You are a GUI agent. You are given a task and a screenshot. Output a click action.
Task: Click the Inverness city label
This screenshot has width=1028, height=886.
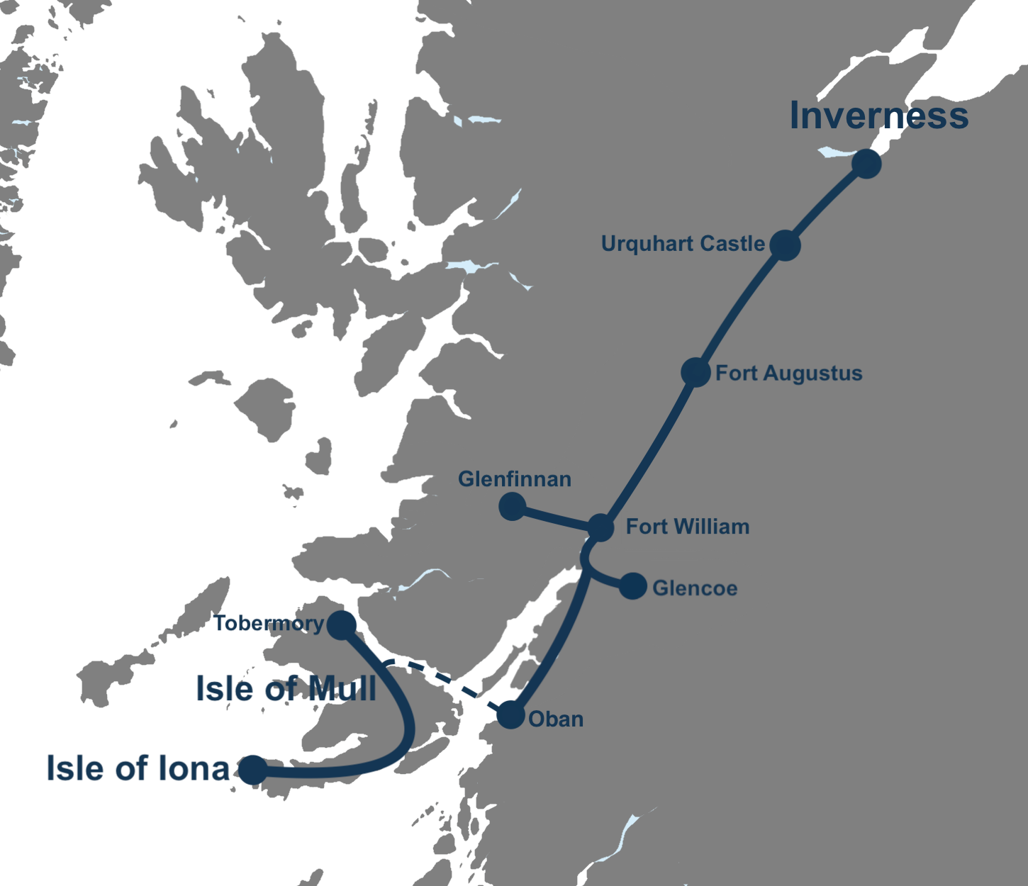878,116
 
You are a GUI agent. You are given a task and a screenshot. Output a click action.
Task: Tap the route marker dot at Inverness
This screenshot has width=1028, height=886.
866,164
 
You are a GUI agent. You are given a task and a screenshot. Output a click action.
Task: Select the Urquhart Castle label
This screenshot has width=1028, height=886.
683,244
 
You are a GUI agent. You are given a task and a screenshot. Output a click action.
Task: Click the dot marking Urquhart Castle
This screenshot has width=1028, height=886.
785,245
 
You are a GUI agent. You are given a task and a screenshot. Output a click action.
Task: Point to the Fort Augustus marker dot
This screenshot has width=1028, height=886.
695,372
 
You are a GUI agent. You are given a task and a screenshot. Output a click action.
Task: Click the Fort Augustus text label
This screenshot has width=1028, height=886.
788,374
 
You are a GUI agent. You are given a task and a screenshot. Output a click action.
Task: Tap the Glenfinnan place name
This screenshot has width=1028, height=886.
515,479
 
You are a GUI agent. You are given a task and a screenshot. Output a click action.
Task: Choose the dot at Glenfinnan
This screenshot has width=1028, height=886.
512,506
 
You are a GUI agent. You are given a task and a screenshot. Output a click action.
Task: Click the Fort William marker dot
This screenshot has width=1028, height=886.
600,527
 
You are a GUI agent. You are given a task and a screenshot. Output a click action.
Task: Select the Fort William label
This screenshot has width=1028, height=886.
687,527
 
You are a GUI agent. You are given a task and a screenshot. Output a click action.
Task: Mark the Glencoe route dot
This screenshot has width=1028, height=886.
632,586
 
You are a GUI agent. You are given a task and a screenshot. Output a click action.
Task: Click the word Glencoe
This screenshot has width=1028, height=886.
695,588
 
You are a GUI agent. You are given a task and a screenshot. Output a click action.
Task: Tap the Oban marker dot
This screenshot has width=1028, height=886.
510,714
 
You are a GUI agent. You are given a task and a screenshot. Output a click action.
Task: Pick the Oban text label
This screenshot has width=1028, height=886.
556,719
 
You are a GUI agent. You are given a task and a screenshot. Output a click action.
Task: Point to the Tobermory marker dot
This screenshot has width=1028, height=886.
341,624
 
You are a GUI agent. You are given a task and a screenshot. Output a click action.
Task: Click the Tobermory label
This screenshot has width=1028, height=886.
269,624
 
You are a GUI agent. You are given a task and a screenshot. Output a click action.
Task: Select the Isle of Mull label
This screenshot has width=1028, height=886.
286,689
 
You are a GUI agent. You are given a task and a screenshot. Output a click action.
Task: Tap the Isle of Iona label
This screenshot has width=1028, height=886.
138,768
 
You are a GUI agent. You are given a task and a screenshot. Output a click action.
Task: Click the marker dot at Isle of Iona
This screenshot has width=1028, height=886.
252,769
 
